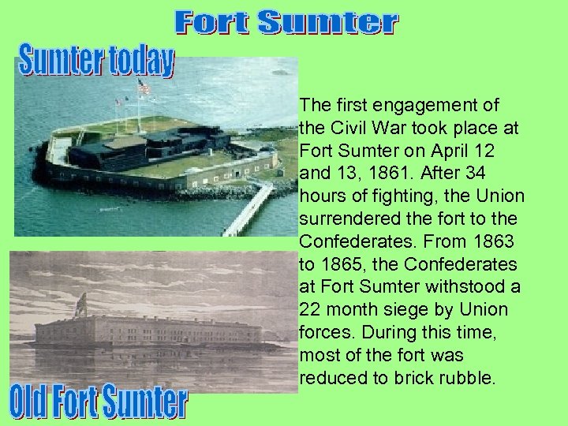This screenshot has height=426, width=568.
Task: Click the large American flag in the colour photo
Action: pos(144,87)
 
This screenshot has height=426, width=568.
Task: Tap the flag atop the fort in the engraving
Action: pos(80,302)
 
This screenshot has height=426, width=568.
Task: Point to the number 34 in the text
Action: pos(494,173)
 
